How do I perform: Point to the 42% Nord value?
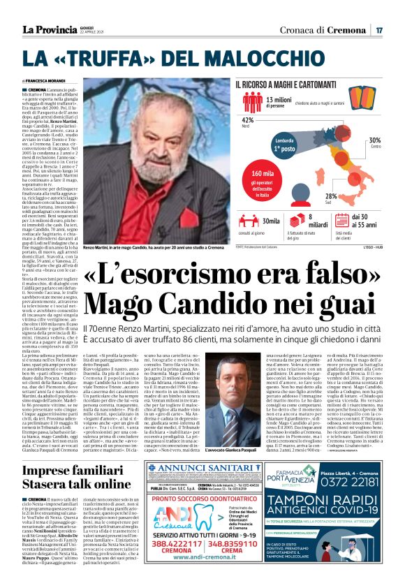[x=246, y=120]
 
